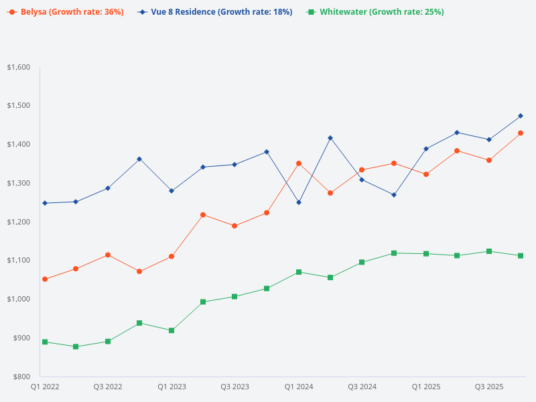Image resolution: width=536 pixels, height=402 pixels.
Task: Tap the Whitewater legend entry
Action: tap(375, 12)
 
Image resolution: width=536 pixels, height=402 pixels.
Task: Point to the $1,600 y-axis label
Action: tap(19, 67)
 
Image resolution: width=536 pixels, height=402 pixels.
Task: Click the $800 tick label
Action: tap(21, 377)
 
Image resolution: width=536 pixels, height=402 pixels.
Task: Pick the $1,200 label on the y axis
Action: tap(19, 222)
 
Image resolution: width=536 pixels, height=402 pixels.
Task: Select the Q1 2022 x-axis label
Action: tap(45, 387)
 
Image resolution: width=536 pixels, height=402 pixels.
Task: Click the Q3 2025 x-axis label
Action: tap(489, 387)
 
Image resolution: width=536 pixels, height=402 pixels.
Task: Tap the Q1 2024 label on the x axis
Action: tap(299, 387)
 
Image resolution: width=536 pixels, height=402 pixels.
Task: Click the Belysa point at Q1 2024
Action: tap(299, 163)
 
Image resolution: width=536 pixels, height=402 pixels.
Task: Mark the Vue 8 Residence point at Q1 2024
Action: tap(299, 202)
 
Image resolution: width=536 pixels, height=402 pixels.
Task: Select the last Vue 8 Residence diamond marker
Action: tap(521, 116)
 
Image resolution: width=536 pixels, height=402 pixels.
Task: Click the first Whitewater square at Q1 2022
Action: tap(45, 342)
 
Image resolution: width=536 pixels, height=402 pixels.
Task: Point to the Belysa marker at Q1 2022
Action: tap(45, 279)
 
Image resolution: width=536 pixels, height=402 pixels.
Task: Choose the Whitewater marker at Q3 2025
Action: tap(489, 251)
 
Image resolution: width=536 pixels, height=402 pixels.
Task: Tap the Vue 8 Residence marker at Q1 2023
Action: tap(172, 191)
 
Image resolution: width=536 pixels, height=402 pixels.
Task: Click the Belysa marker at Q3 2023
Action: tap(234, 226)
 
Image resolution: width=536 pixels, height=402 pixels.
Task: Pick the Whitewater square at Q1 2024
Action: tap(299, 272)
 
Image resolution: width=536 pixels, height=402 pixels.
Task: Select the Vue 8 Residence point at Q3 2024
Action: tap(362, 180)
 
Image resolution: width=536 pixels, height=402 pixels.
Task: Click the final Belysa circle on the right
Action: tap(521, 133)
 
